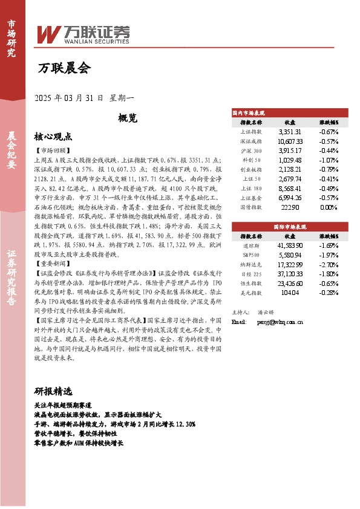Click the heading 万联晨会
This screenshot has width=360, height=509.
[x=64, y=68]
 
